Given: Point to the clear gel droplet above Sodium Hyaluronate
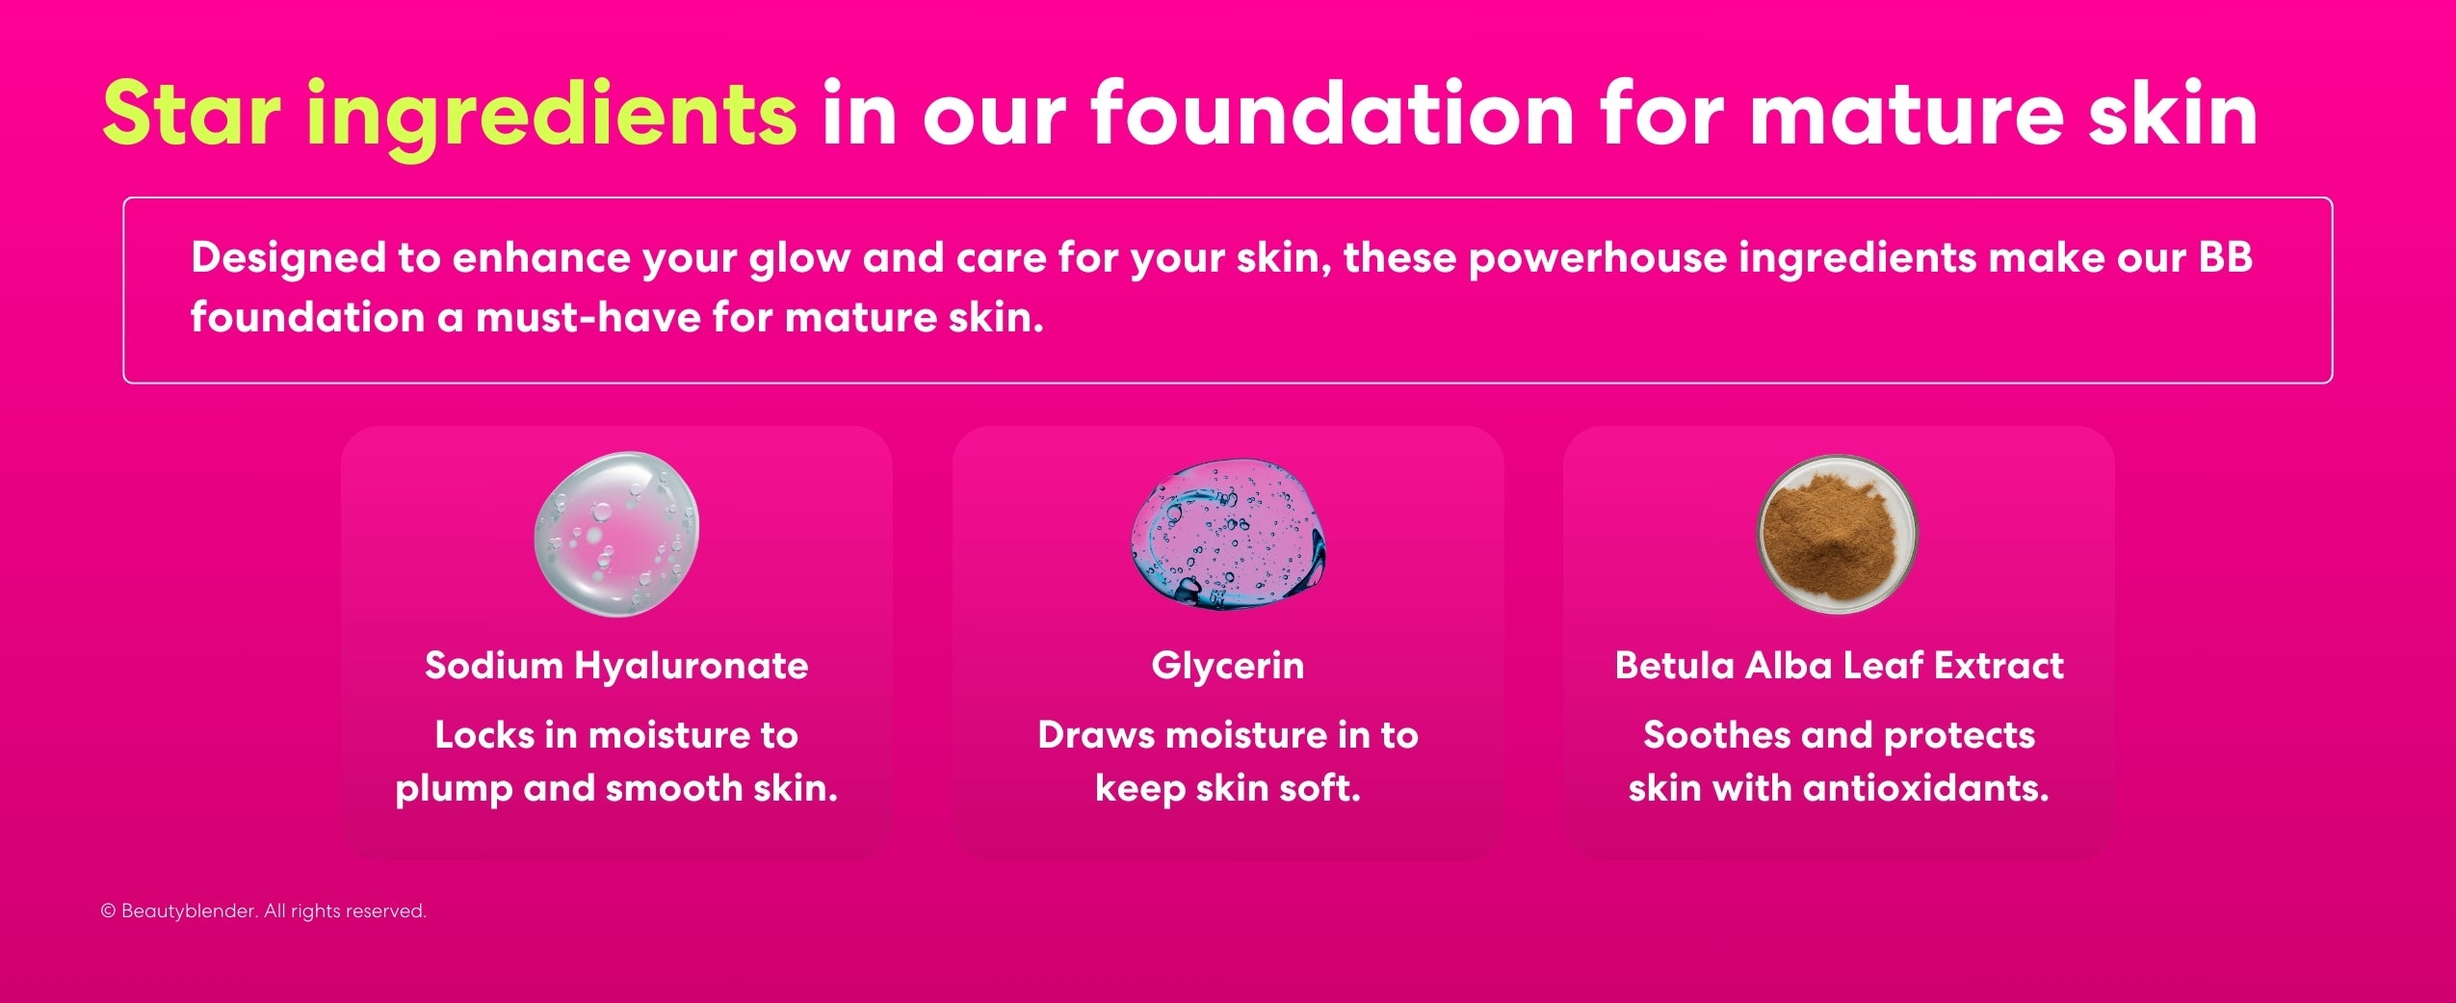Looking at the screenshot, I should pos(616,534).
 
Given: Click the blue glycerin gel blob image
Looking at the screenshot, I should pos(1227,534).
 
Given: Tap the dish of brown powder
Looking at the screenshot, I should pos(1838,533).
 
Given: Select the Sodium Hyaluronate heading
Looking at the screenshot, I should pos(616,666).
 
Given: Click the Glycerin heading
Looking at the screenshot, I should pos(1227,666).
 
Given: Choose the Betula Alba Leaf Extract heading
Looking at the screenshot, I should pos(1839,666).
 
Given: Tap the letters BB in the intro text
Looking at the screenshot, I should pos(2225,257).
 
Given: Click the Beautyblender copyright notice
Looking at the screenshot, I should pos(263,911).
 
